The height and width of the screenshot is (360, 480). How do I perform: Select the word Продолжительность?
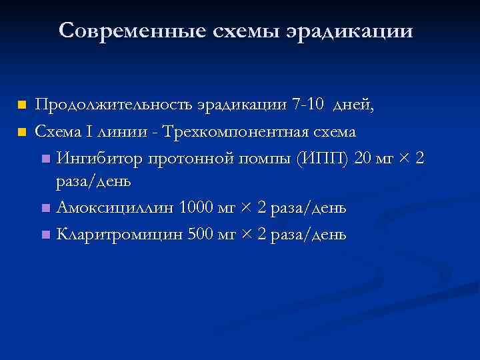(114, 105)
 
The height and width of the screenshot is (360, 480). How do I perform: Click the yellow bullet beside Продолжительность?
(22, 105)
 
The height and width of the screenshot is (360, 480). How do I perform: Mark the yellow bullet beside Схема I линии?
(22, 131)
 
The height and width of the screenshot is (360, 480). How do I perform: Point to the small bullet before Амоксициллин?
(45, 209)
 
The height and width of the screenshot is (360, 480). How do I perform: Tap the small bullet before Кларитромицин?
(45, 235)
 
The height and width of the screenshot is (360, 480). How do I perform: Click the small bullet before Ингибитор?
(45, 158)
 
